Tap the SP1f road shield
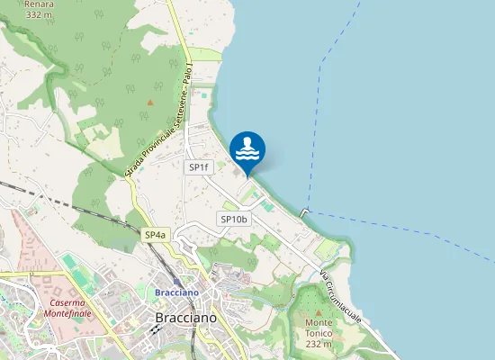198,167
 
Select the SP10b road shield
233,219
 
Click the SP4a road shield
155,234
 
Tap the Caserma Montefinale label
74,309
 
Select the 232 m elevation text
319,344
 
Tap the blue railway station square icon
175,281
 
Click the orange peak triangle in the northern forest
150,102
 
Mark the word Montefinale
74,314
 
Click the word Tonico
319,333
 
